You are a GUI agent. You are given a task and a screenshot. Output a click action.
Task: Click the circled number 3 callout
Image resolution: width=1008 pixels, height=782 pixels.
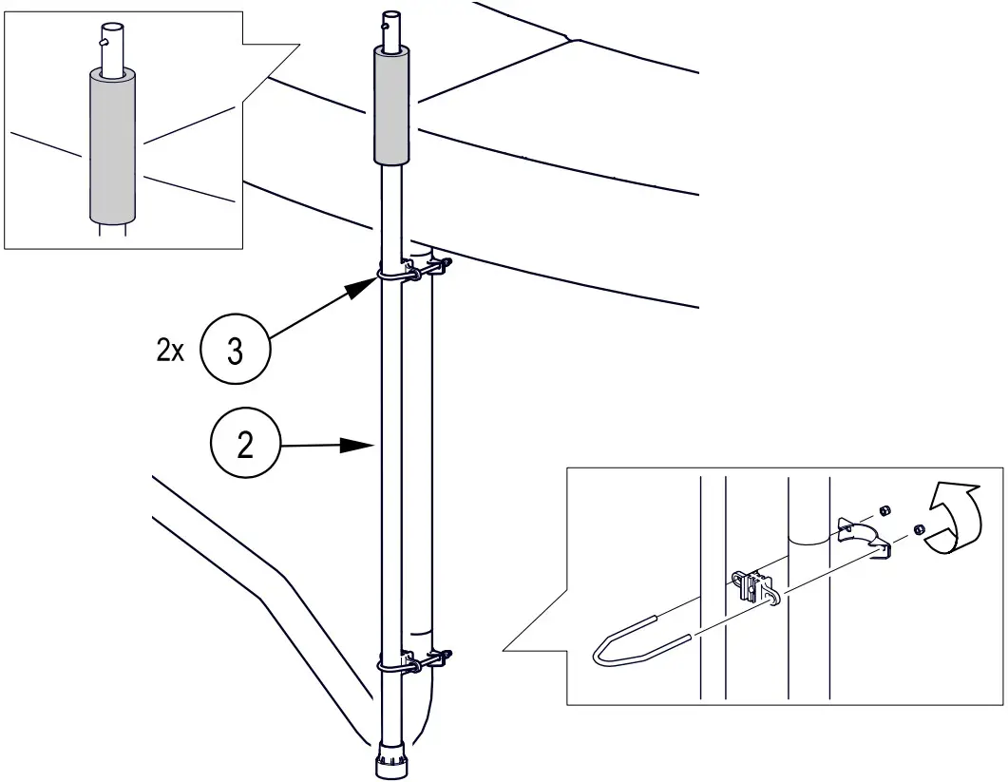pyautogui.click(x=236, y=351)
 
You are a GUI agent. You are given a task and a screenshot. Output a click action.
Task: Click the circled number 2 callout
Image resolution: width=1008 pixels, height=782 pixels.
pyautogui.click(x=245, y=445)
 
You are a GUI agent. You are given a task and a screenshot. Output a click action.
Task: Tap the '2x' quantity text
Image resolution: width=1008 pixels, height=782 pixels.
pyautogui.click(x=171, y=351)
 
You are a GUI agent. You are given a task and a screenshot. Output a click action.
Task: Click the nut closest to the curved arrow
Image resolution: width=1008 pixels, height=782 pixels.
pyautogui.click(x=919, y=529)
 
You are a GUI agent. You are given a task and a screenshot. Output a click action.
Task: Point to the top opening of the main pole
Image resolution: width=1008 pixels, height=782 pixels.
pyautogui.click(x=390, y=13)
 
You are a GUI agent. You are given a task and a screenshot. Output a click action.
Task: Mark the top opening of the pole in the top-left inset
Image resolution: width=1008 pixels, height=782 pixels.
pyautogui.click(x=112, y=26)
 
